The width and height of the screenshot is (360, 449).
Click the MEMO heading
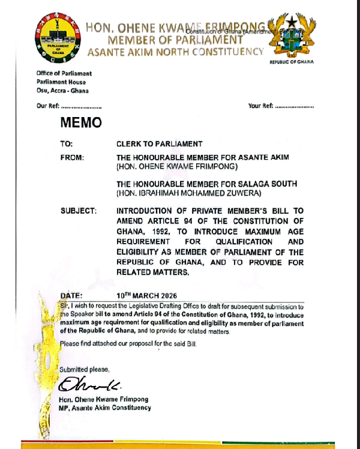pos(81,124)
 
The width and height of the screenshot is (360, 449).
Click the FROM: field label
pos(72,157)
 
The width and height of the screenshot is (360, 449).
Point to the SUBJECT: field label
pos(79,211)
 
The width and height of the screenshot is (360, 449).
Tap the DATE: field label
pos(73,296)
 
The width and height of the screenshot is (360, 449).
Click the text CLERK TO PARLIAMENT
pos(160,144)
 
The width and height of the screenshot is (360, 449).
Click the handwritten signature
pos(82,384)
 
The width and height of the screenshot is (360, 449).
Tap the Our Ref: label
pos(47,106)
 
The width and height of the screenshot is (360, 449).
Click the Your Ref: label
pos(260,106)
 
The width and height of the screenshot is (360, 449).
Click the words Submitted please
pos(85,369)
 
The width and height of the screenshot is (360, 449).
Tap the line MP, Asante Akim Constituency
pos(105,408)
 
